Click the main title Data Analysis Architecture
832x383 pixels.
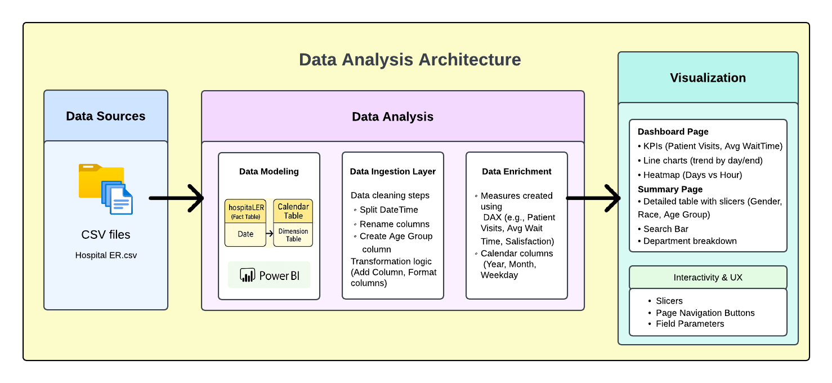(x=410, y=60)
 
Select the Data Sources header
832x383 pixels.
(x=106, y=116)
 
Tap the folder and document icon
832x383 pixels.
(x=106, y=189)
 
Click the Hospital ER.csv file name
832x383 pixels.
(x=106, y=255)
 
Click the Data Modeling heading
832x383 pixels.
(x=269, y=172)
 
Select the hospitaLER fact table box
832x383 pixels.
(x=245, y=222)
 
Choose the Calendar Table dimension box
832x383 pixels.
(x=293, y=222)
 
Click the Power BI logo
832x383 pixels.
(x=269, y=275)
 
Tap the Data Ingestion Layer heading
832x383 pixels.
(x=393, y=172)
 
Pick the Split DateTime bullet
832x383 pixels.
(x=388, y=210)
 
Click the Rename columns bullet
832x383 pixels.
(x=394, y=224)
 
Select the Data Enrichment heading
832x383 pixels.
(x=517, y=172)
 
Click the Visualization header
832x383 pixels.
(x=708, y=78)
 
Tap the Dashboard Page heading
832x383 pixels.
(x=673, y=132)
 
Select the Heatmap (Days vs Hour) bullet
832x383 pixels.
(x=692, y=175)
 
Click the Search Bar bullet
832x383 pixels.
(x=665, y=229)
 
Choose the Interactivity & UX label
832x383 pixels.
(x=708, y=278)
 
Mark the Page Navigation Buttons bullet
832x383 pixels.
(x=705, y=313)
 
